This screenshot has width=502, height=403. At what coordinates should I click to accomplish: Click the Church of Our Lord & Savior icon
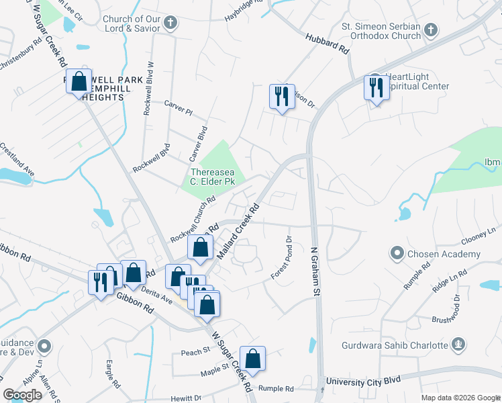[170, 24]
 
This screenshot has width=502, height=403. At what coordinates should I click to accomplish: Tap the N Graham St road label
[315, 271]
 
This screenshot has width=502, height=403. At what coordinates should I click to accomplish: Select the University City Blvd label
[363, 381]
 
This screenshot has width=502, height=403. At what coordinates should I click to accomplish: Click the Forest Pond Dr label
[282, 258]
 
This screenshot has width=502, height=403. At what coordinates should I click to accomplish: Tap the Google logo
[22, 395]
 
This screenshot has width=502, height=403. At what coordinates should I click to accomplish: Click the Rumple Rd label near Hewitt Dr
[277, 389]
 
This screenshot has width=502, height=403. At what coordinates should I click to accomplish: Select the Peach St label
[191, 352]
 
